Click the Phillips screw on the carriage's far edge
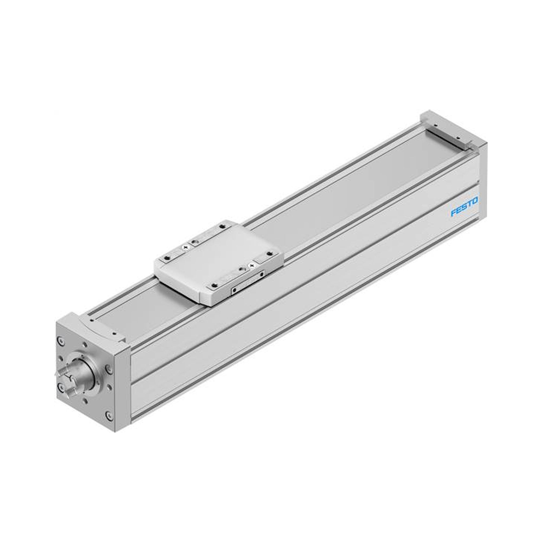point(185,247)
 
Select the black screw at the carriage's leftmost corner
point(167,257)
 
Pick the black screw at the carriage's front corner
point(215,285)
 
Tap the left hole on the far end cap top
point(435,125)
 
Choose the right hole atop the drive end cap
point(114,334)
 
